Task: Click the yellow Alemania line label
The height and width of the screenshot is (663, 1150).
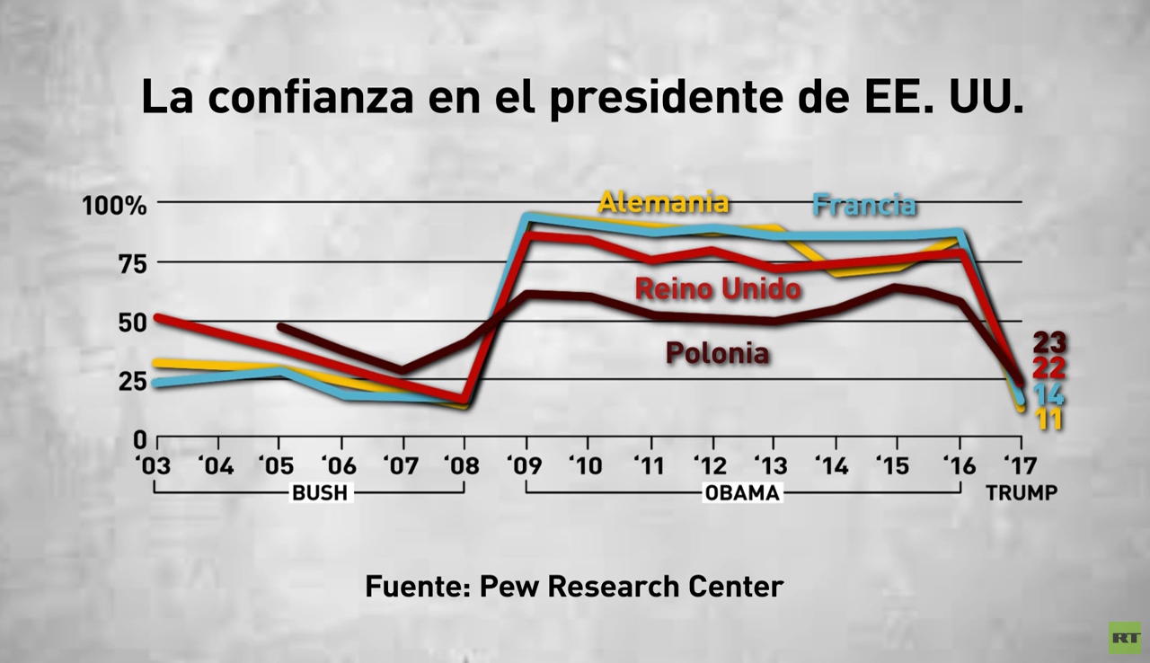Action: tap(663, 202)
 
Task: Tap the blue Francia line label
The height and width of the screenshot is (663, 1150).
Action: tap(863, 205)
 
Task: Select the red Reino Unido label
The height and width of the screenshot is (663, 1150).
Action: tap(717, 289)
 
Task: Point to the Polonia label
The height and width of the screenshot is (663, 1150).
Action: tap(717, 353)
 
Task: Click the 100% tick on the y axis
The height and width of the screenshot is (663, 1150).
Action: tap(114, 206)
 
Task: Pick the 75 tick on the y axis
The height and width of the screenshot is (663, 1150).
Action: tap(127, 264)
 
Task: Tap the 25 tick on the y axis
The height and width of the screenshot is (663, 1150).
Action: tap(127, 381)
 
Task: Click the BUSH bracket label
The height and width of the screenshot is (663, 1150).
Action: tap(319, 493)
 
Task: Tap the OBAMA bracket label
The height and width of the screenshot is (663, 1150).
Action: tap(742, 493)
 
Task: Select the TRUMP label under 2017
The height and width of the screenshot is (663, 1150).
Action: tap(1021, 493)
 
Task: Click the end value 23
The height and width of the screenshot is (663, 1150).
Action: tap(1048, 342)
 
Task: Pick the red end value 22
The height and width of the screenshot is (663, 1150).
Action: tap(1048, 367)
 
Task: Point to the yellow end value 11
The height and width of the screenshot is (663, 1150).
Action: tap(1048, 419)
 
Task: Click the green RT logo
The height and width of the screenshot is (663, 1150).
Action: tap(1123, 637)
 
